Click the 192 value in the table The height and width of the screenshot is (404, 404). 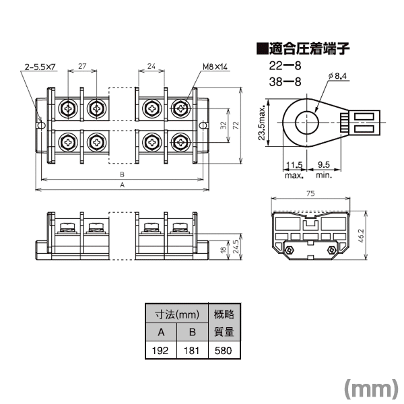click(160, 351)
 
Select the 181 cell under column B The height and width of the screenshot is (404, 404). click(192, 351)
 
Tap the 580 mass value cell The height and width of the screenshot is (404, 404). click(223, 351)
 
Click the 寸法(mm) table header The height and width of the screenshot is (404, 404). click(177, 314)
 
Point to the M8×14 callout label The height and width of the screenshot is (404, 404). click(215, 67)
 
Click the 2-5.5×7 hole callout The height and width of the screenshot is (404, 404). click(40, 67)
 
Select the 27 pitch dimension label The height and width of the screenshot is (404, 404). click(82, 66)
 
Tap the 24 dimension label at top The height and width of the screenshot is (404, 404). click(151, 66)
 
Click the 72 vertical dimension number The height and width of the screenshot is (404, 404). click(236, 125)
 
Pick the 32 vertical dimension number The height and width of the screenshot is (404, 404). click(224, 125)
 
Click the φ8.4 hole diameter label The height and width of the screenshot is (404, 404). click(337, 76)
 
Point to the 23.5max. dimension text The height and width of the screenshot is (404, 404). click(262, 123)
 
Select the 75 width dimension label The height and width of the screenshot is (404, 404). click(310, 193)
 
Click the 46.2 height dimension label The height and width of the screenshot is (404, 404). click(361, 236)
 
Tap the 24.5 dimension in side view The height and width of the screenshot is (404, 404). click(236, 246)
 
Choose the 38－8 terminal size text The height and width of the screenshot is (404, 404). click(285, 82)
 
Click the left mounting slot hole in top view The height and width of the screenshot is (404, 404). click(41, 125)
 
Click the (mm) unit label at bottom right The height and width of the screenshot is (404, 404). click(371, 389)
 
